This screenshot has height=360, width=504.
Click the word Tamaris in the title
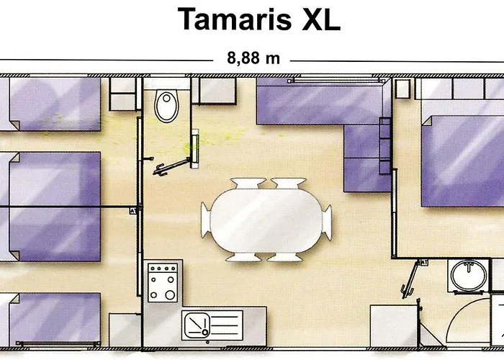click(x=234, y=19)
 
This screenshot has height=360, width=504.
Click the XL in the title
click(x=321, y=19)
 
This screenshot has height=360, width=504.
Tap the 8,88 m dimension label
click(x=253, y=58)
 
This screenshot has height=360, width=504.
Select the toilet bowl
click(x=166, y=106)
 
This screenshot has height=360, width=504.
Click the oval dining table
click(x=266, y=220)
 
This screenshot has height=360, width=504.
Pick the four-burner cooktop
click(x=163, y=282)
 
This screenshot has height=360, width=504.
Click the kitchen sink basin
click(x=196, y=325)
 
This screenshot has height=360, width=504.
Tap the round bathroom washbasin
click(x=469, y=276)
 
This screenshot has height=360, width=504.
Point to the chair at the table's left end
click(x=206, y=220)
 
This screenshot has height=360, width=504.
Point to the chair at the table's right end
click(x=327, y=222)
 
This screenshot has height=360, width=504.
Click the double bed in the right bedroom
click(x=463, y=161)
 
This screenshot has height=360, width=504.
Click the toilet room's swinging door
click(x=172, y=166)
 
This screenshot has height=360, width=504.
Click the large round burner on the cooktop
click(x=170, y=294)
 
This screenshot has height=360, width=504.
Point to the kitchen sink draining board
click(x=226, y=325)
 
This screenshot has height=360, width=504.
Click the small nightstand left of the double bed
click(x=402, y=89)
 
